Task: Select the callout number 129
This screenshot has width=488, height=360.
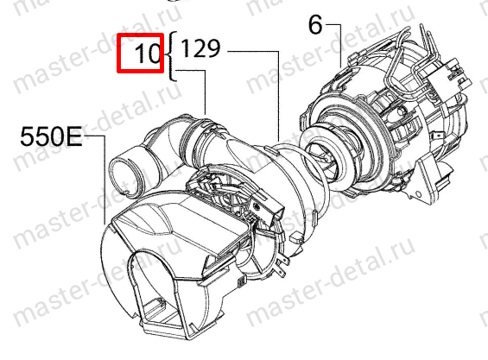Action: click(200, 48)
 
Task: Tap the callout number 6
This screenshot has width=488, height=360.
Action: click(315, 25)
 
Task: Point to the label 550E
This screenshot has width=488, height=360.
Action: click(51, 137)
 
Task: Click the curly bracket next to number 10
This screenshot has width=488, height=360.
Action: click(173, 56)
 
